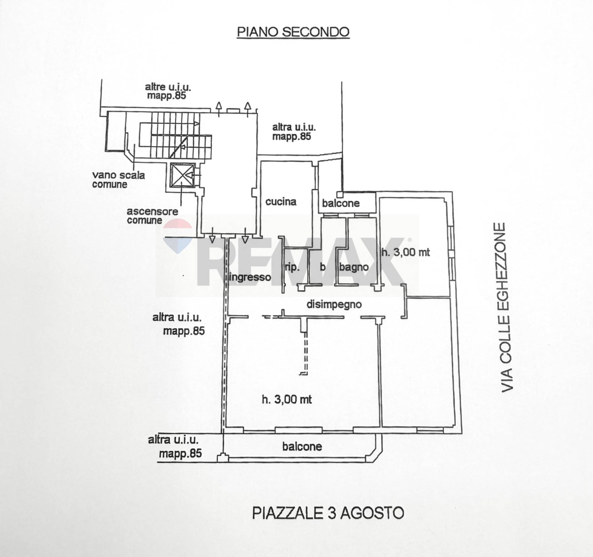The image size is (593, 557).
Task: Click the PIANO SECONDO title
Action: [293, 32]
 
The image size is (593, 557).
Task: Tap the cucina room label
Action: [281, 202]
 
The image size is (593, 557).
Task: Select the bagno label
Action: [354, 267]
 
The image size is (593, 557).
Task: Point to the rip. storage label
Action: [292, 267]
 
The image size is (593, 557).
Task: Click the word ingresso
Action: [250, 277]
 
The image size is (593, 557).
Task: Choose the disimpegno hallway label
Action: [334, 305]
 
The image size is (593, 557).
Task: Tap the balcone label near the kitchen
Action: [341, 203]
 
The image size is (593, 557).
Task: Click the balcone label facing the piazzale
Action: [302, 447]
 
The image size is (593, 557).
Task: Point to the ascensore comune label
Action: [152, 216]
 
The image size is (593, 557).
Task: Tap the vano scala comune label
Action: [118, 180]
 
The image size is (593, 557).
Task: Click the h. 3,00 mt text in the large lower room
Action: [287, 400]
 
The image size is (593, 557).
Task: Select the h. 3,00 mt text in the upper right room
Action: [406, 252]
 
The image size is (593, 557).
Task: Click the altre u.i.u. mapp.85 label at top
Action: [168, 91]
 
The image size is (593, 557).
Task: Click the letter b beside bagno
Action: [322, 267]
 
